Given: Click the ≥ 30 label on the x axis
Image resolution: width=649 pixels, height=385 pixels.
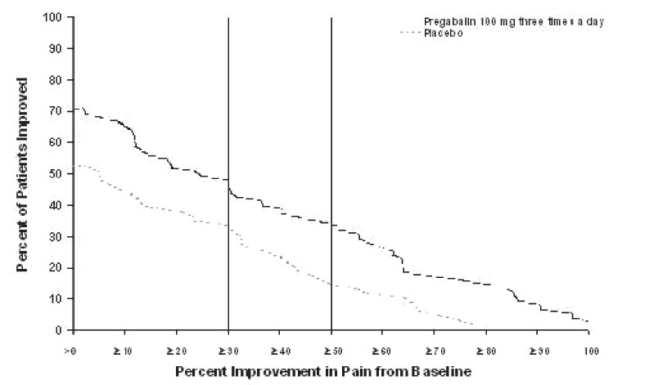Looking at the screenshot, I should point(228,351).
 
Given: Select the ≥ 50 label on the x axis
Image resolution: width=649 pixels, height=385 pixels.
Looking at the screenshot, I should point(331,351).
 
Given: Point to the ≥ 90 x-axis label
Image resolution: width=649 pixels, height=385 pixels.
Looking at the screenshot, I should point(537,351).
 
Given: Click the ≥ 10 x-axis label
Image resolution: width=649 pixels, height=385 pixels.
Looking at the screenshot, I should point(124,351).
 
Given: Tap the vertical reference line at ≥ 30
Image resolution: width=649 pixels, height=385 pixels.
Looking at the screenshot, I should point(228,123).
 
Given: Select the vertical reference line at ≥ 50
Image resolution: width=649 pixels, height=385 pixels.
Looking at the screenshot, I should point(331,123).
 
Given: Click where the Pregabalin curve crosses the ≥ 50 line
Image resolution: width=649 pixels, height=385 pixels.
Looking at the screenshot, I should point(331,224).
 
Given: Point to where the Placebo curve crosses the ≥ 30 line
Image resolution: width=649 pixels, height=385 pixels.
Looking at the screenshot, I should point(228,227).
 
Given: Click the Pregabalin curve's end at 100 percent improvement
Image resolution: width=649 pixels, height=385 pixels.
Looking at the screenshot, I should point(588,321).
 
